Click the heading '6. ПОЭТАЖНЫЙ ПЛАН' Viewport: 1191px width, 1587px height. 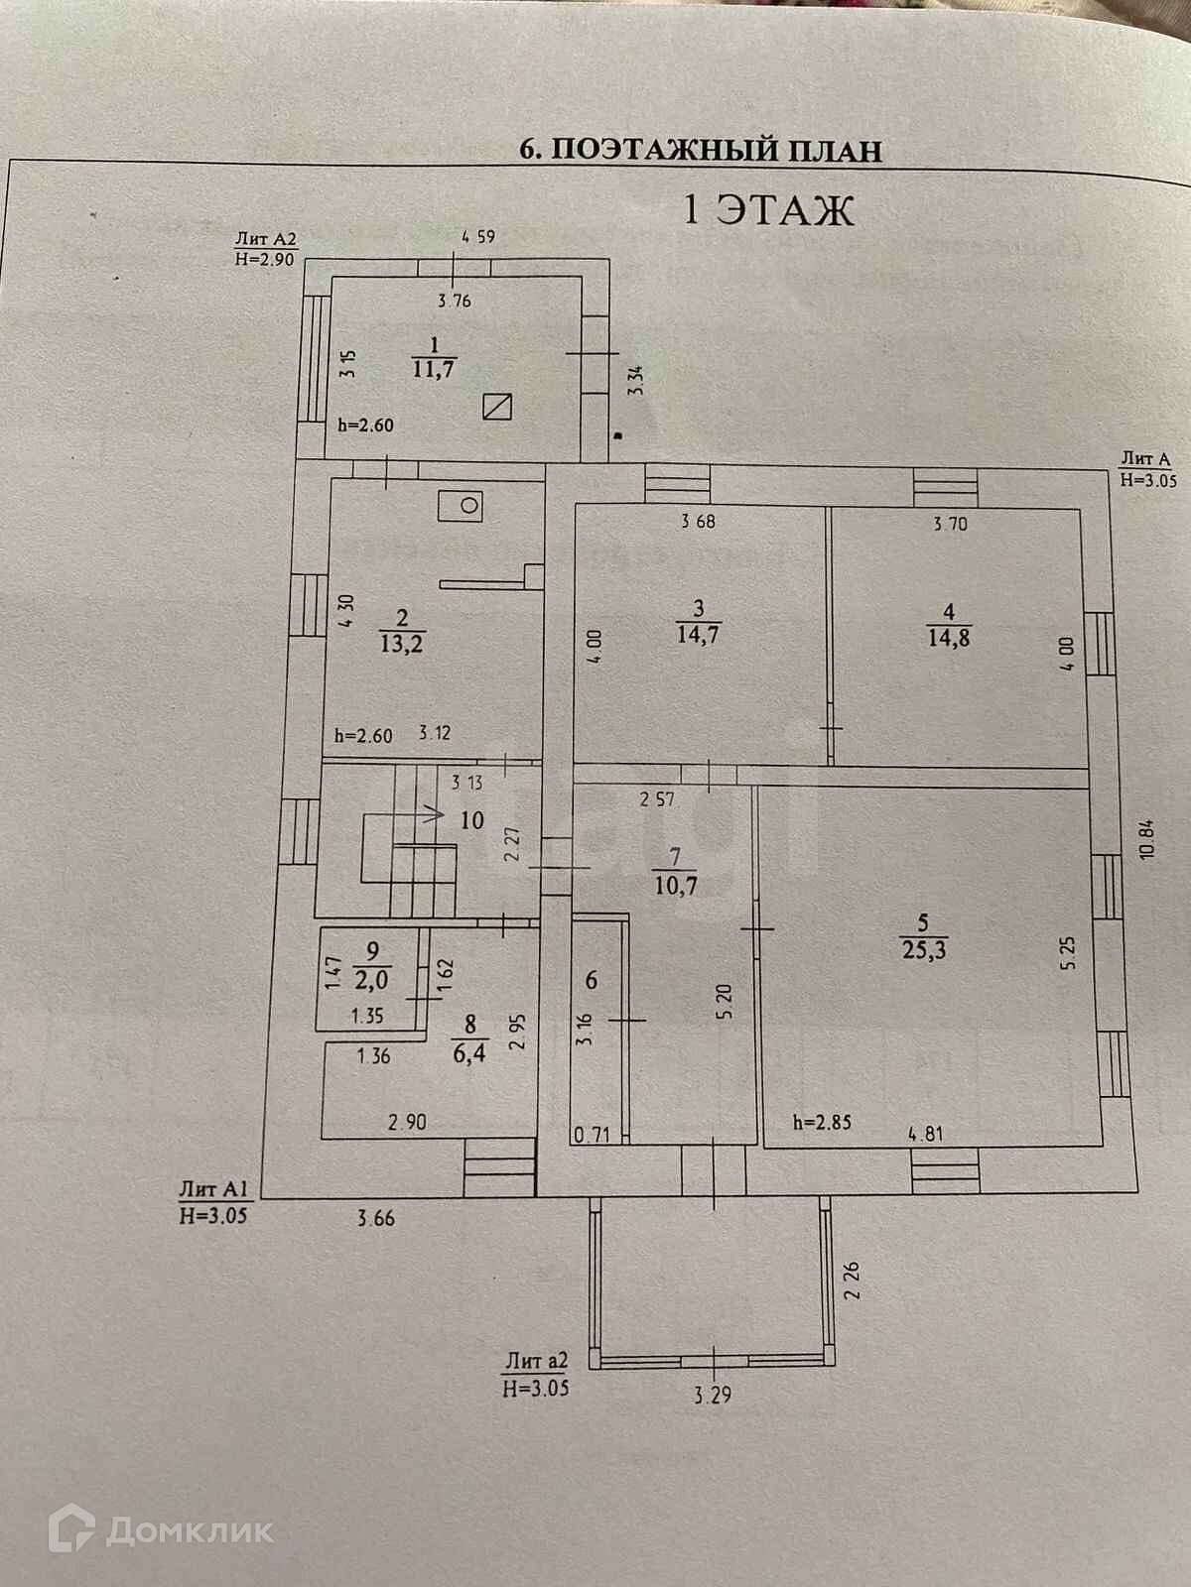coord(701,151)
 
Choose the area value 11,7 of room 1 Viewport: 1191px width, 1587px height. coord(434,369)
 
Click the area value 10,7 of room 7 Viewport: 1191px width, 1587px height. coord(676,884)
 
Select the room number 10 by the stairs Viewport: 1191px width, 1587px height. coord(471,820)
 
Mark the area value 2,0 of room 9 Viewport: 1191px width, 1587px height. coord(372,980)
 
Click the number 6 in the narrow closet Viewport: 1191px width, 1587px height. coord(592,981)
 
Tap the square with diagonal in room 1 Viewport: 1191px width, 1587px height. coord(497,407)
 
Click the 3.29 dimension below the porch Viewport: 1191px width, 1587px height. coord(713,1396)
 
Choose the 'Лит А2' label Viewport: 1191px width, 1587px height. coord(265,239)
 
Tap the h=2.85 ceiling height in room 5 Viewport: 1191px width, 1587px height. coord(822,1124)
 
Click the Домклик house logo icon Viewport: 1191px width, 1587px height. coord(71,1529)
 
